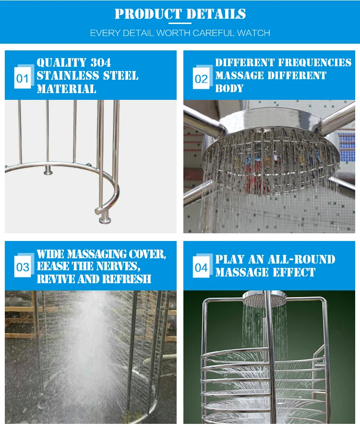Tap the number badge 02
pos(201,79)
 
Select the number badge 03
pos(23,267)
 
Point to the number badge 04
pos(201,268)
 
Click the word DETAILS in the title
pos(216,14)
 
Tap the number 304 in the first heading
pos(100,62)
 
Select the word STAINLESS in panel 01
pos(68,76)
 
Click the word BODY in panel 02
pos(229,88)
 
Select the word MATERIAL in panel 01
pos(66,89)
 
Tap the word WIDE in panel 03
pos(50,254)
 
